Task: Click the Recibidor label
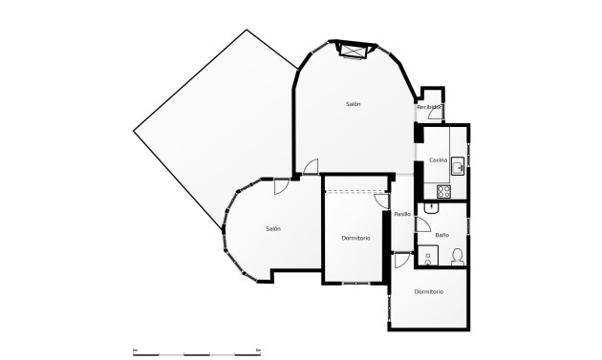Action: click(x=429, y=108)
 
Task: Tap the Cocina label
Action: click(x=439, y=159)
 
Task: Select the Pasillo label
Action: click(x=402, y=214)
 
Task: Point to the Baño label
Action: click(x=442, y=234)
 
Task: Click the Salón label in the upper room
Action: click(x=354, y=103)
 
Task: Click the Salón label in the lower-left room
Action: click(x=273, y=229)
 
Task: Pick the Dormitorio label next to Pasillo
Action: click(x=355, y=238)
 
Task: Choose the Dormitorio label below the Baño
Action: click(x=429, y=291)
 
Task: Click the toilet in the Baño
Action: click(x=457, y=255)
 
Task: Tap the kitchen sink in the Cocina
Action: click(x=458, y=164)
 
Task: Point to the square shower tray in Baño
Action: click(x=428, y=253)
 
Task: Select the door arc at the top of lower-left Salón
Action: click(x=282, y=186)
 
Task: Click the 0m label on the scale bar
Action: click(x=135, y=349)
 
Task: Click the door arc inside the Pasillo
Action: click(x=401, y=260)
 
